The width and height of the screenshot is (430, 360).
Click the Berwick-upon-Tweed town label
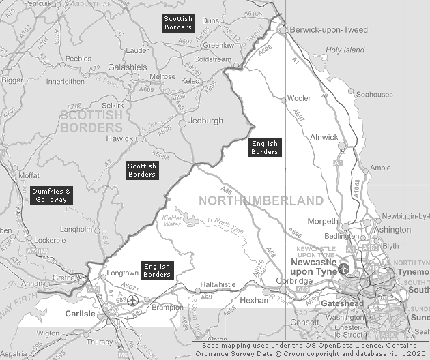click(x=329, y=30)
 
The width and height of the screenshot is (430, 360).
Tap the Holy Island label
click(x=346, y=50)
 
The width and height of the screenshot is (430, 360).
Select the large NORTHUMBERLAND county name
click(x=261, y=200)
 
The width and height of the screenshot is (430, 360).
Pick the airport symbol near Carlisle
click(x=132, y=300)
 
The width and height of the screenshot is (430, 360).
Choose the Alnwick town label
click(x=324, y=137)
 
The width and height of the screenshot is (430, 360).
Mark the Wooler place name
click(x=299, y=99)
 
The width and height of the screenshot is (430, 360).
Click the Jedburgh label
click(x=205, y=121)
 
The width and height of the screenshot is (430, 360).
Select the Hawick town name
click(x=119, y=138)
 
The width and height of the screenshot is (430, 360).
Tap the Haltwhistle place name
click(x=218, y=284)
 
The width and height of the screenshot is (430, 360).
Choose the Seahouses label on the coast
click(x=393, y=95)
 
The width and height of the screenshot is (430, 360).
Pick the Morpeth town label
click(x=322, y=222)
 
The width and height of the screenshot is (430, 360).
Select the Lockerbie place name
click(x=51, y=241)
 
